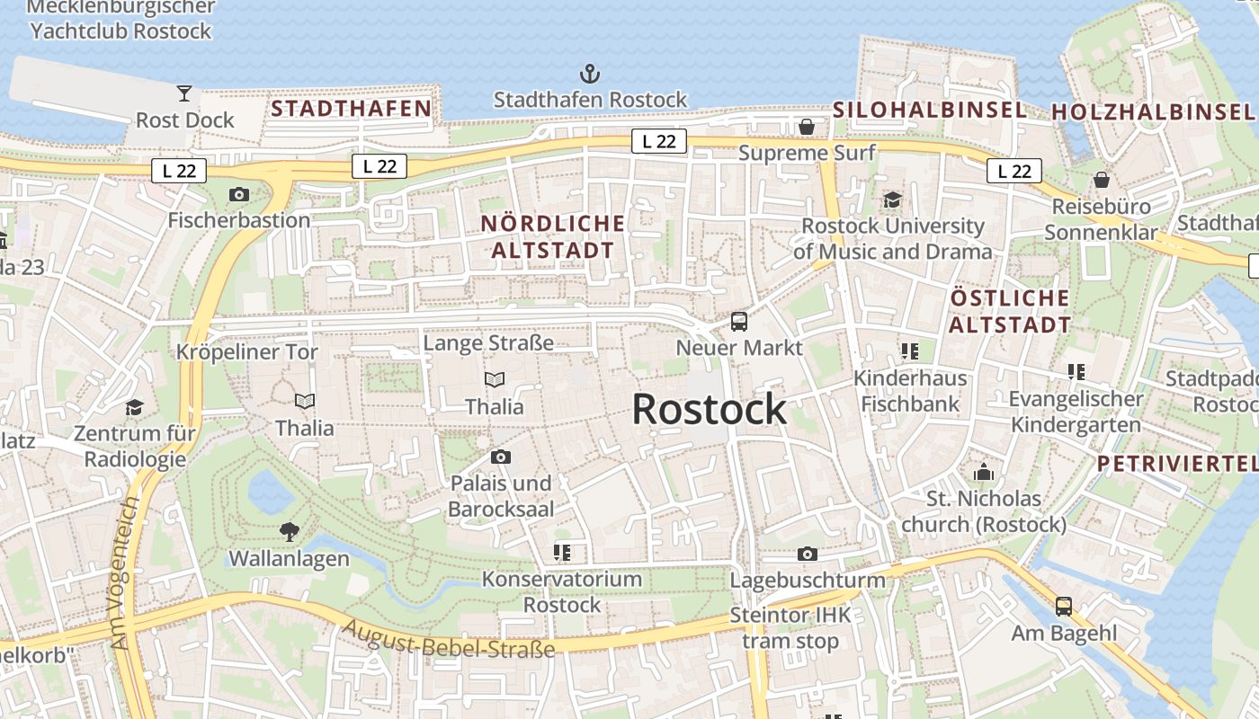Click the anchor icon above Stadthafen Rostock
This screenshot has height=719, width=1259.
pos(589,74)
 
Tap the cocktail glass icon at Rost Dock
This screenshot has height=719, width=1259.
pos(184,93)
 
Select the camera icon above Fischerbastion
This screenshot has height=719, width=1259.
pos(239,194)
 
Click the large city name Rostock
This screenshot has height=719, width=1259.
pos(709,410)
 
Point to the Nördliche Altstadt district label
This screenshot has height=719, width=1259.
pos(552,236)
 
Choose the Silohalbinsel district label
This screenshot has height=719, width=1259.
pos(929,110)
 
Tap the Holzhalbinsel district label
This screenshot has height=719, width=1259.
pos(1153,112)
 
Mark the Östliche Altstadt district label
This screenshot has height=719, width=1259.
pos(1010,311)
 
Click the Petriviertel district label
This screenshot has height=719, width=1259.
pos(1176,464)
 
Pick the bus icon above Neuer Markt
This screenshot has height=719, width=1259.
pos(739,321)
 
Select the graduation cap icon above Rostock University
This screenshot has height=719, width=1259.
pos(892,200)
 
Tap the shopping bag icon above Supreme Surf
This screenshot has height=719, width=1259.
pos(807,127)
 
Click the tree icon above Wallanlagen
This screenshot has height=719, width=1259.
pos(289,531)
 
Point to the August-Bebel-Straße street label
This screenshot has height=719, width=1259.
pos(449,639)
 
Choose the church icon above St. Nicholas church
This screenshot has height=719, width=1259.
pos(984,472)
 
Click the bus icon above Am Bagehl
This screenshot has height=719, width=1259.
pos(1064,607)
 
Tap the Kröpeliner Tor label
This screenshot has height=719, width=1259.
pos(247,351)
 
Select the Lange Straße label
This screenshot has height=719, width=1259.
pos(488,342)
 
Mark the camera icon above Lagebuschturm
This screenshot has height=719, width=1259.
pos(808,554)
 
